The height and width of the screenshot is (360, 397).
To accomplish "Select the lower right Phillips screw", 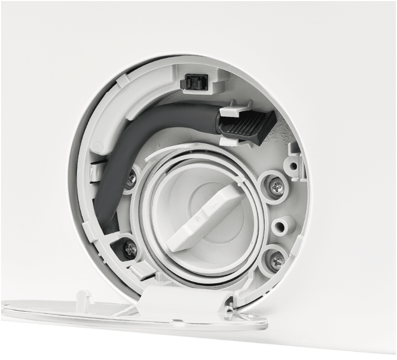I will (277, 262).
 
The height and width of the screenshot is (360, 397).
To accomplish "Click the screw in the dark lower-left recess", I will (130, 249).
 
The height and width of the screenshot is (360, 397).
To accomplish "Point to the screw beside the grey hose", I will (132, 178).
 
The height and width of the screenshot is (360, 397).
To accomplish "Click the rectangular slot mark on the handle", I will (214, 206).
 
